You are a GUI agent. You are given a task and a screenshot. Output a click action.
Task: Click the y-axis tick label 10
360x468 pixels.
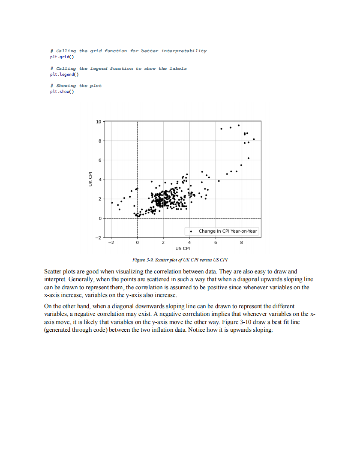coord(99,122)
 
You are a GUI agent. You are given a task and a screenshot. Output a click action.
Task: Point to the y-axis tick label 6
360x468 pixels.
coord(100,160)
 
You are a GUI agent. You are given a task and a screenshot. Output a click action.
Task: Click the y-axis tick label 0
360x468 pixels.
coord(100,219)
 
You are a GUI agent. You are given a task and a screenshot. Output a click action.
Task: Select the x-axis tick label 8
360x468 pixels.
coord(242,243)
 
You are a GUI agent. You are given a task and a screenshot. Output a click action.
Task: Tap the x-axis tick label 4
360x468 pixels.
coord(189,243)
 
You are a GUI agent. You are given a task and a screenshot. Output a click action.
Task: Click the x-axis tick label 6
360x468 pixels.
coord(216,243)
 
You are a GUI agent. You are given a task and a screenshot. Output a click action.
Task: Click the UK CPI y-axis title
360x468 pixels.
coord(90,179)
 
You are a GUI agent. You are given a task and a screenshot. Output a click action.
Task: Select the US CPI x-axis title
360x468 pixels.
coord(183,249)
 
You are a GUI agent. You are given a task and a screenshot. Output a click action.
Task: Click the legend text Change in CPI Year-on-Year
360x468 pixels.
coord(228,231)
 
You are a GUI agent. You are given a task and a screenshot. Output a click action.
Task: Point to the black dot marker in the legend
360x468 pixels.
coord(191,231)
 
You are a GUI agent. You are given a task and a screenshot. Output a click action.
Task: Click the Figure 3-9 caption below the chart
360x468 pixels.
coord(180,260)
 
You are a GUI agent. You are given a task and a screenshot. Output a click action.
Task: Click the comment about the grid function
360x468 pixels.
coord(128,51)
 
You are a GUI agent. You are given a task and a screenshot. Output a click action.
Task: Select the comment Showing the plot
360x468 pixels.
coord(76,86)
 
